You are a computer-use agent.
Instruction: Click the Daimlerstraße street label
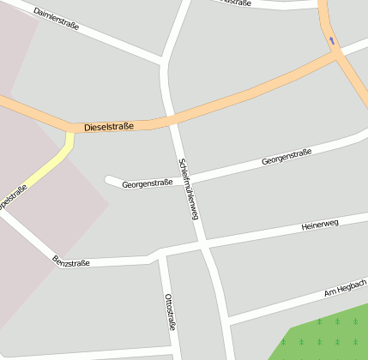[x=57, y=19]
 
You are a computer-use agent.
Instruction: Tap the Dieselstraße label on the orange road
[x=109, y=127]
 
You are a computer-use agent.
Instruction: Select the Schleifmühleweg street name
[x=188, y=189]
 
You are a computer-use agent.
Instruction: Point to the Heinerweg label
[x=321, y=225]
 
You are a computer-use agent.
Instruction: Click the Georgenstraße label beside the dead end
[x=148, y=183]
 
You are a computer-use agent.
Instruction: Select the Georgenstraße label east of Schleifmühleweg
[x=287, y=157]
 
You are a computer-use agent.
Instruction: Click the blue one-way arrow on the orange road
[x=332, y=39]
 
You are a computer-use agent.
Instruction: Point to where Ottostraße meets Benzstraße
[x=160, y=256]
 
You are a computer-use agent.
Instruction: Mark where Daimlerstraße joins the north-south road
[x=163, y=62]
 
